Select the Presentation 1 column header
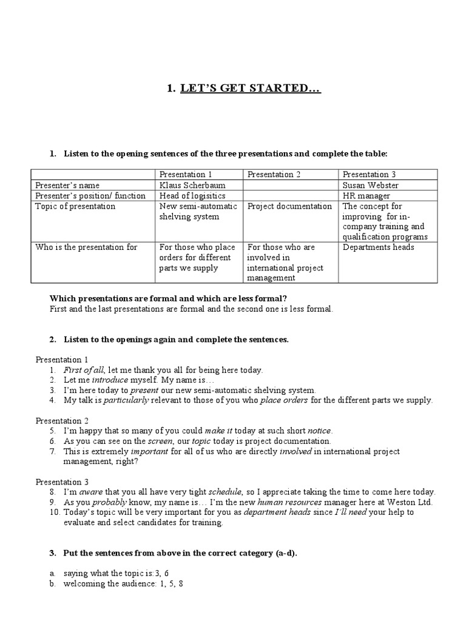click(x=186, y=175)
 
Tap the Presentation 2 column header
click(x=274, y=175)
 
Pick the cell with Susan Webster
click(x=370, y=185)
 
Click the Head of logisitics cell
click(x=192, y=195)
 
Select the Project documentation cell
click(x=289, y=206)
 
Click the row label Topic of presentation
click(x=75, y=206)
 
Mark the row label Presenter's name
click(x=67, y=185)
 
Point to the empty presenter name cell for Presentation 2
click(x=291, y=185)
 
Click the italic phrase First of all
click(x=84, y=369)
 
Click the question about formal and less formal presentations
click(x=167, y=298)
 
